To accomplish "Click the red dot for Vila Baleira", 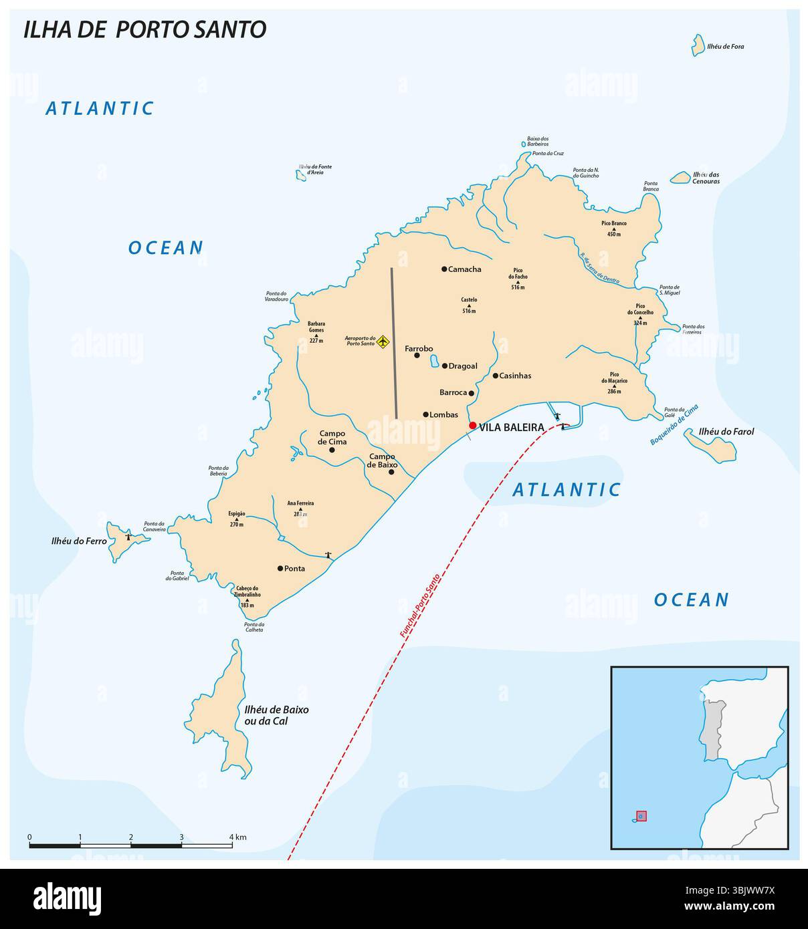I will coord(472,425).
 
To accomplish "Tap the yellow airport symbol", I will coord(383,342).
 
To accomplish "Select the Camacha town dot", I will coord(444,269).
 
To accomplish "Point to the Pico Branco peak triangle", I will coord(613,228).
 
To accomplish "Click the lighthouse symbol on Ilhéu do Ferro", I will coord(128,537).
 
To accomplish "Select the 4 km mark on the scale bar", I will coord(232,846).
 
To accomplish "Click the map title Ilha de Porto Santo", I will coord(145,29).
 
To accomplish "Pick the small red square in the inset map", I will coord(641,816).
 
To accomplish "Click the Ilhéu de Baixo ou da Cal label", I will coord(274,715).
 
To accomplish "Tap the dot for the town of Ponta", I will coord(280,568).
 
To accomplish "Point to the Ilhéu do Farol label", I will coord(726,432).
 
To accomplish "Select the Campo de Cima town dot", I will coord(332,450).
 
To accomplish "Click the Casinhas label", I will coord(516,376).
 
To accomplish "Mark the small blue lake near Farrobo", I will coord(434,362).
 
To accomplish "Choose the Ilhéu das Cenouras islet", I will coord(680,178).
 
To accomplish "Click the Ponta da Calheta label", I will coord(254,627).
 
